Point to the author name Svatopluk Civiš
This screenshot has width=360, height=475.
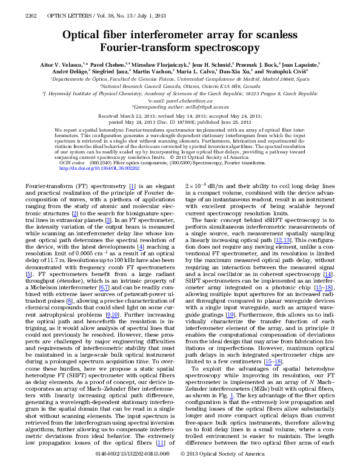pyautogui.click(x=302, y=71)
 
